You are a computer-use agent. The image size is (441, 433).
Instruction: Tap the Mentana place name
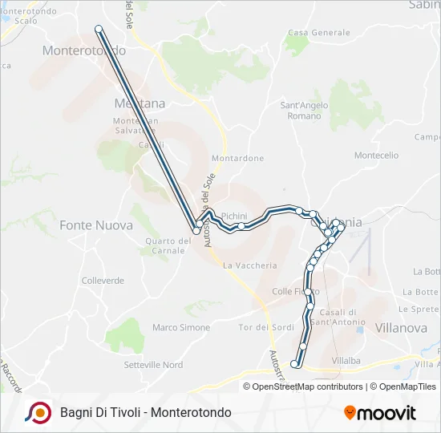pos(140,103)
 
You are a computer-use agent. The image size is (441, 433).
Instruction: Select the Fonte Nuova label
pos(96,225)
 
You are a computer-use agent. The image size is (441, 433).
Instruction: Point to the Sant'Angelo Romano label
pos(300,111)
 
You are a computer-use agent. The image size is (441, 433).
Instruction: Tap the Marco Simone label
pos(181,327)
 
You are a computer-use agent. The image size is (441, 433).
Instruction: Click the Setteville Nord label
pos(153,365)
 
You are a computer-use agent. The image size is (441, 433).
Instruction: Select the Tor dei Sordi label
pos(266,327)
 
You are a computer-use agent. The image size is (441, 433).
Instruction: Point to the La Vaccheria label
pos(250,265)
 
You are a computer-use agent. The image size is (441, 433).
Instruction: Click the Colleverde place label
pos(103,281)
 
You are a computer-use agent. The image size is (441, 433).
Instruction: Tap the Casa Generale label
pos(319,33)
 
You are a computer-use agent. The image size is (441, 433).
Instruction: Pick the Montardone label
pos(237,159)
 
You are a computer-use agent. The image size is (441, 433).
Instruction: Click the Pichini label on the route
pos(234,216)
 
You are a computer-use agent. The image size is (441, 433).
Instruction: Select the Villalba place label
pos(346,361)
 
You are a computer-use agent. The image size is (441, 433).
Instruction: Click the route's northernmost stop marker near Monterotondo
pos(99,29)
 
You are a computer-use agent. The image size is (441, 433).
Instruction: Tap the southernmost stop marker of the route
pos(294,364)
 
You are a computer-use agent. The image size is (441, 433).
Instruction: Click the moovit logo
pos(380,413)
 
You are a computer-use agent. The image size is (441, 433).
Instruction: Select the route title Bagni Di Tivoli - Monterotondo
pos(145,412)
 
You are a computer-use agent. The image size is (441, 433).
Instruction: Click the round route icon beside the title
pos(38,412)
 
